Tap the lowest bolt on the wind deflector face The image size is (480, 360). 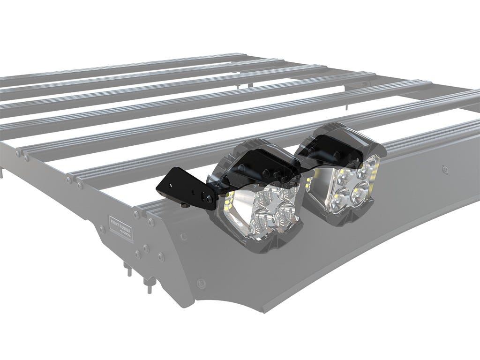pos(201,283)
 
